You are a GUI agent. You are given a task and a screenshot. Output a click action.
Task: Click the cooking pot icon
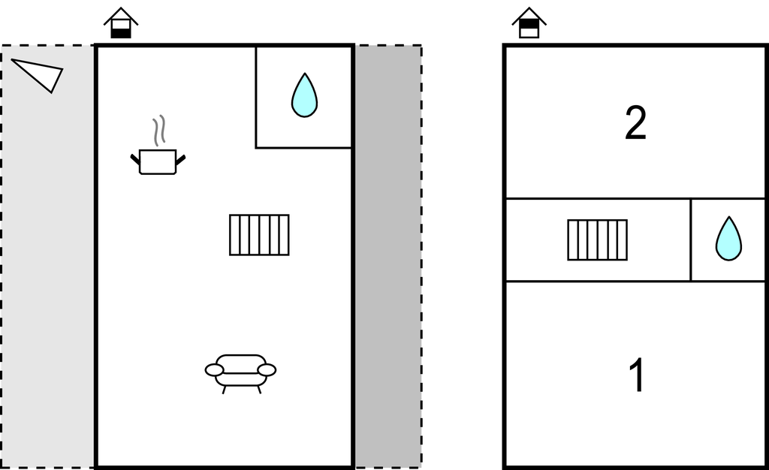[x=158, y=161]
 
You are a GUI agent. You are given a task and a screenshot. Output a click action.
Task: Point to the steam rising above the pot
[x=158, y=131]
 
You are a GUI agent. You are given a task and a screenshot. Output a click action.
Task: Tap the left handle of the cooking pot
[x=136, y=158]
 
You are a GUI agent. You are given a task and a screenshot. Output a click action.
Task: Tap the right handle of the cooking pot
[x=180, y=158]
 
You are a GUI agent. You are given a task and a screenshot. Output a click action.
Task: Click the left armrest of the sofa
[x=214, y=370]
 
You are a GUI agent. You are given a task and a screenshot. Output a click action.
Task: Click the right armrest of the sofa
[x=267, y=370]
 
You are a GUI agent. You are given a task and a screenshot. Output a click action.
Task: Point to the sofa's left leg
[x=224, y=389]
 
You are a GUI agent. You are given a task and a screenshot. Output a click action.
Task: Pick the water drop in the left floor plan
[x=304, y=95]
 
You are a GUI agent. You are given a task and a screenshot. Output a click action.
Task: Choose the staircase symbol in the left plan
[x=259, y=235]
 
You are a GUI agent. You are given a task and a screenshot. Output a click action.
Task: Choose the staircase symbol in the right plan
[x=597, y=240]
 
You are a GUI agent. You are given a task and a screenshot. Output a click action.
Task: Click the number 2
[x=635, y=124]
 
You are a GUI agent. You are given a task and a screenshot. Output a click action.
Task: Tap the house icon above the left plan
[x=121, y=23]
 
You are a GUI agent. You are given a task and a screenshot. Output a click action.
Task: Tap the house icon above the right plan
[x=529, y=23]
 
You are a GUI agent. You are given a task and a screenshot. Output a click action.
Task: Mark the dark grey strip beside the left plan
[x=388, y=255]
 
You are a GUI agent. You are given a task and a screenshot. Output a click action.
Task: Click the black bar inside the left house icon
[x=121, y=32]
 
